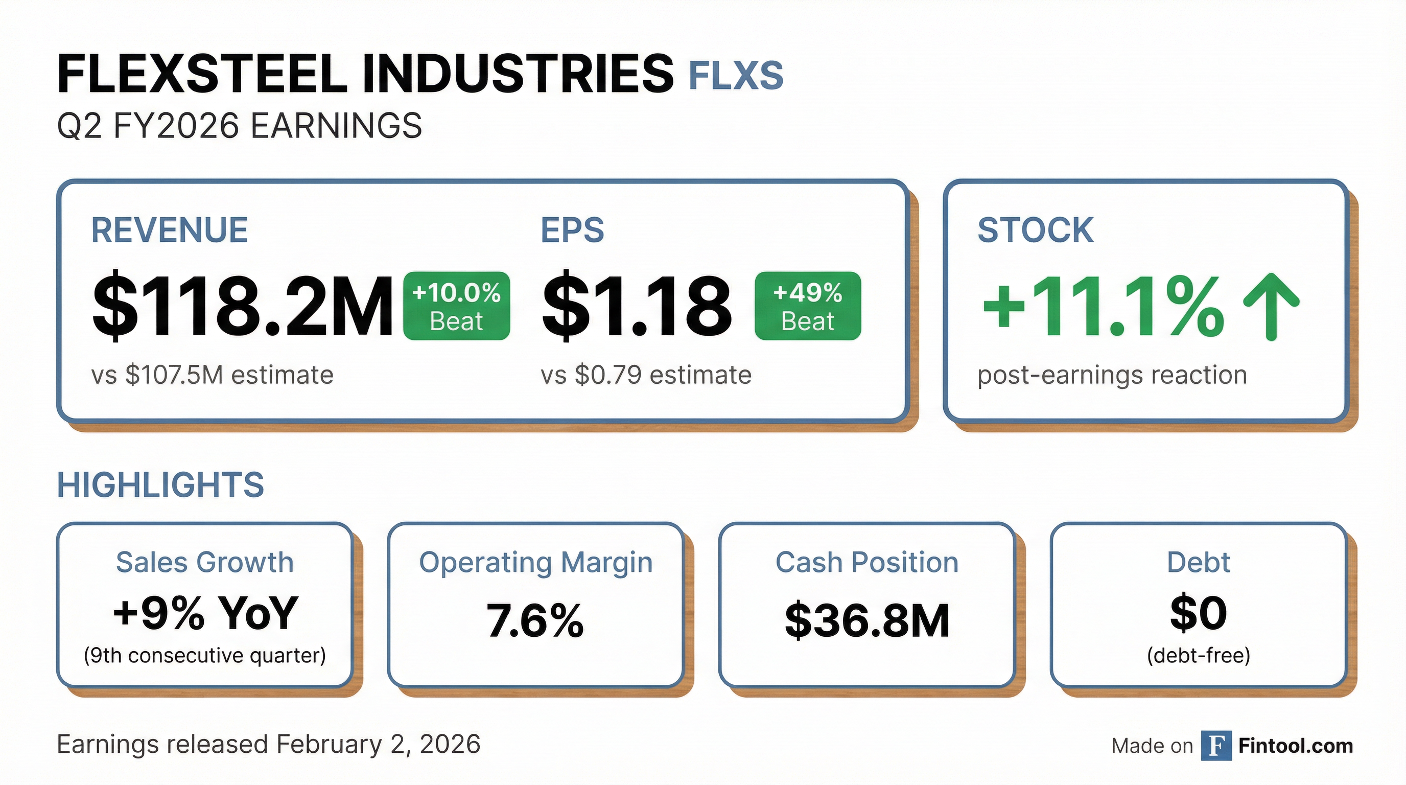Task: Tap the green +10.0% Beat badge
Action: click(456, 306)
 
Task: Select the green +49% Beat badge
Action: click(807, 306)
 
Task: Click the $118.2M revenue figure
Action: click(242, 306)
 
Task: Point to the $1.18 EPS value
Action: click(637, 306)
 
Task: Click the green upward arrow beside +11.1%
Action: click(1271, 306)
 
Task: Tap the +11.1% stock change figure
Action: click(1103, 306)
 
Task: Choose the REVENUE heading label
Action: click(169, 230)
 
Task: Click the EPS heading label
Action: click(572, 230)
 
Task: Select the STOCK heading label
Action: click(1035, 230)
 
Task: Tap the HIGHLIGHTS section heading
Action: click(160, 485)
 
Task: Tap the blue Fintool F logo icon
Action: click(1216, 746)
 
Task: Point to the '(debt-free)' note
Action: click(1198, 655)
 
